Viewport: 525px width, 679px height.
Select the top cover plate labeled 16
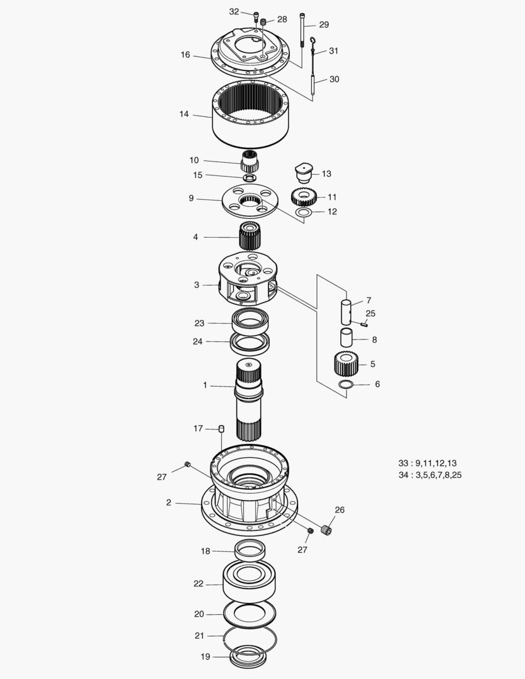[x=251, y=60]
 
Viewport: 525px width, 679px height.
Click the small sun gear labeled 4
[x=250, y=236]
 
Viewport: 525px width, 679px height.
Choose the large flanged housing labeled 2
[x=248, y=497]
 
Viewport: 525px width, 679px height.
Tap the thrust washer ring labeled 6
[x=346, y=384]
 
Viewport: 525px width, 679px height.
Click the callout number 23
[x=199, y=323]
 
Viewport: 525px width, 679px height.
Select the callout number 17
[x=198, y=428]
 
